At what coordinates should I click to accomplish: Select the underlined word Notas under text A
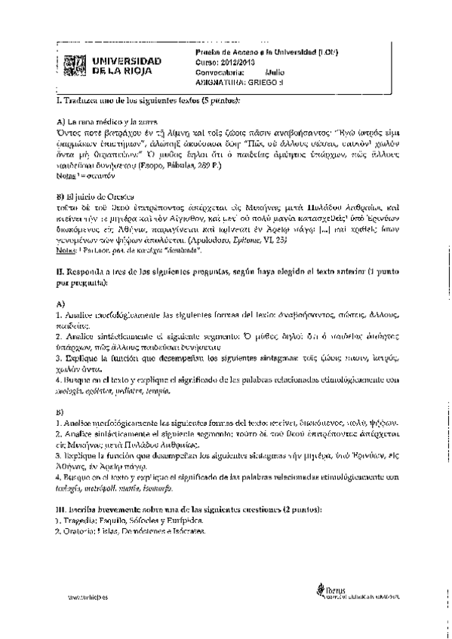pos(67,174)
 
